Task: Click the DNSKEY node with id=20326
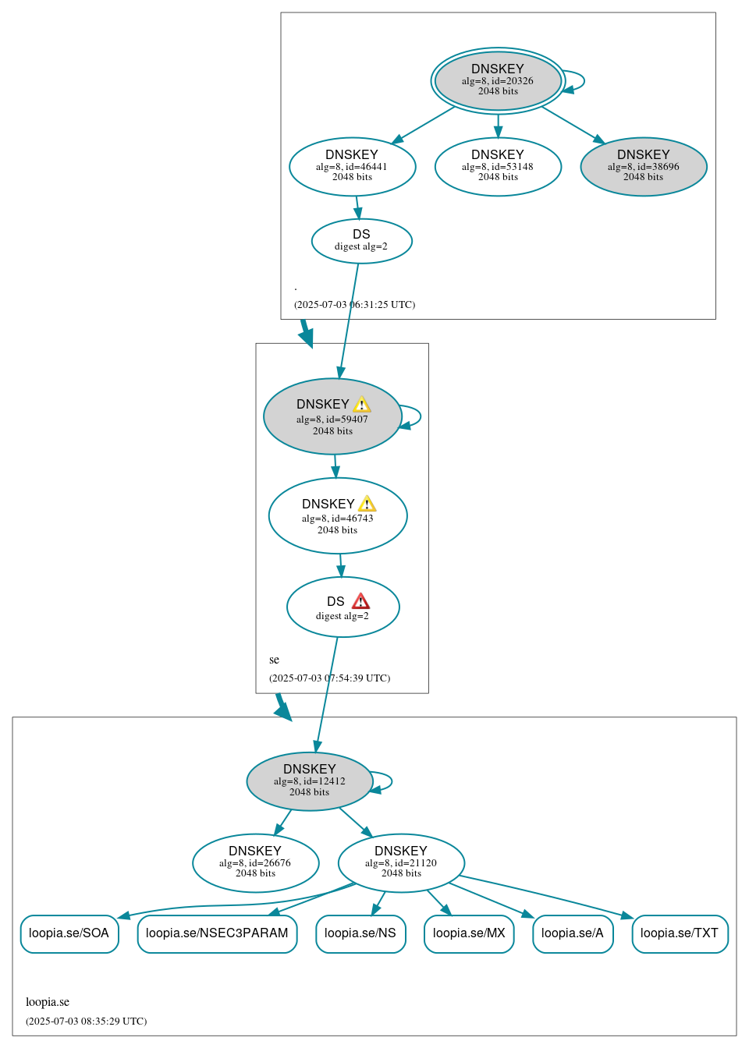pos(498,80)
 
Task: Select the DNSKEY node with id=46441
pos(352,166)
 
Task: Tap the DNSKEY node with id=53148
pos(498,166)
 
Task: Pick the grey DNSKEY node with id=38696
pos(644,166)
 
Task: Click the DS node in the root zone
pos(361,240)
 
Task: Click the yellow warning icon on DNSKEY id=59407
pos(361,405)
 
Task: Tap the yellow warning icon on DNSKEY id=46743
pos(367,505)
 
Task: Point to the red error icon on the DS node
pos(360,601)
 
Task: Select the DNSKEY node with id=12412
pos(310,781)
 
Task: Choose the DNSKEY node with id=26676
pos(255,862)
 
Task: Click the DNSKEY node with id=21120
pos(401,862)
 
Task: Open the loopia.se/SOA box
pos(69,933)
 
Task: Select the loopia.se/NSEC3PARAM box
pos(217,933)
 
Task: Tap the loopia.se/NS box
pos(360,933)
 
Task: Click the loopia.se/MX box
pos(469,933)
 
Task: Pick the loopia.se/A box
pos(573,933)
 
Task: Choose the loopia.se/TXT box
pos(680,933)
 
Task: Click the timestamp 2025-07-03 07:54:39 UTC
pos(329,678)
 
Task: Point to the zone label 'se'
pos(274,660)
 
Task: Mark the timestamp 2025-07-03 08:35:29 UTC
pos(86,1021)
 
